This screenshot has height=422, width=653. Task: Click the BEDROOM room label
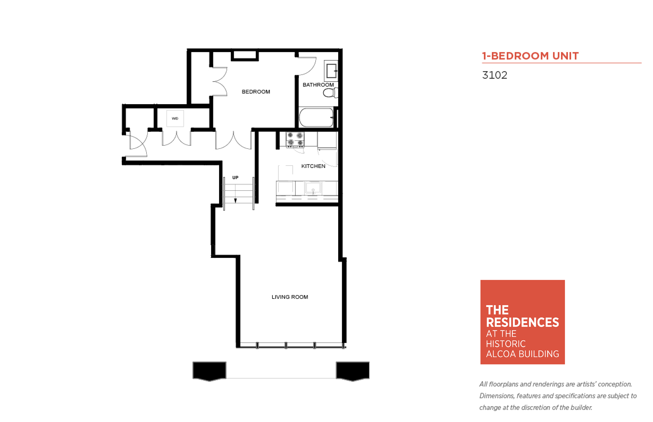click(x=256, y=92)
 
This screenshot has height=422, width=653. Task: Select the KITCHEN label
click(x=313, y=166)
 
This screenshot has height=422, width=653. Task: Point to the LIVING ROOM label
click(x=290, y=297)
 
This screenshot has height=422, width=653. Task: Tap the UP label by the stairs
click(x=235, y=178)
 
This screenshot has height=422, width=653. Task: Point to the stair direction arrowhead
click(x=235, y=201)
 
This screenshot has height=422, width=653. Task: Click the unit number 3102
click(x=495, y=75)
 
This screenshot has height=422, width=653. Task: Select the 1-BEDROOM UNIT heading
click(x=530, y=56)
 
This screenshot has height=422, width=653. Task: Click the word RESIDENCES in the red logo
click(x=522, y=322)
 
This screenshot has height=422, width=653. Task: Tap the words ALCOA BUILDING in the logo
click(x=522, y=354)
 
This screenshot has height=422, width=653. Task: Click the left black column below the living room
click(x=209, y=371)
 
